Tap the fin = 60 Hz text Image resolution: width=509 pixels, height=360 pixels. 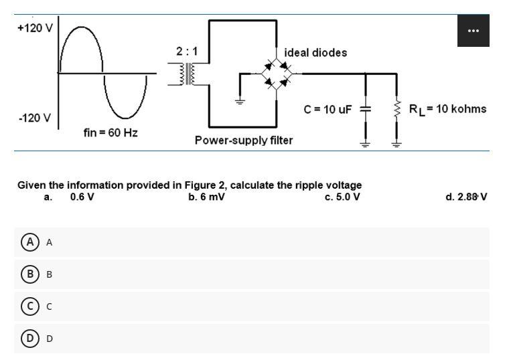pyautogui.click(x=111, y=133)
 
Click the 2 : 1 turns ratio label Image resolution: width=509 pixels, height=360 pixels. pyautogui.click(x=186, y=52)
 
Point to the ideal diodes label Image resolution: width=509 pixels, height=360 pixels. pyautogui.click(x=315, y=53)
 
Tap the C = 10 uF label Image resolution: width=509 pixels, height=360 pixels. pyautogui.click(x=328, y=109)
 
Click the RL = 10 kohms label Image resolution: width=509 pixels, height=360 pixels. pyautogui.click(x=447, y=109)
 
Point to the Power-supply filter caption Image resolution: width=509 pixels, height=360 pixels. pyautogui.click(x=244, y=140)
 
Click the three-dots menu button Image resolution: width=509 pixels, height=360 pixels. pyautogui.click(x=474, y=31)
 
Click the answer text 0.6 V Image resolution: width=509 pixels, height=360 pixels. pyautogui.click(x=82, y=197)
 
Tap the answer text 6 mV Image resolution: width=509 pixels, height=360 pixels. pyautogui.click(x=207, y=197)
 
